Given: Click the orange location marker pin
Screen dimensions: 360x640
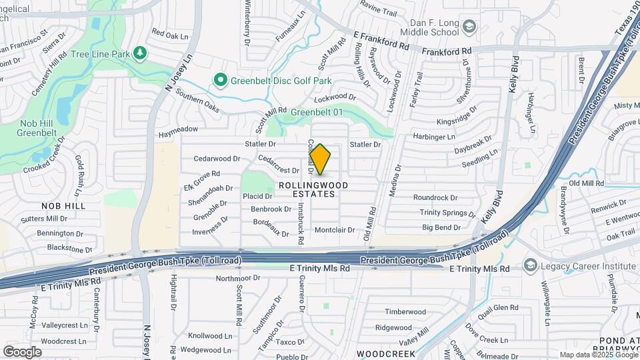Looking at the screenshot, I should tap(321, 159).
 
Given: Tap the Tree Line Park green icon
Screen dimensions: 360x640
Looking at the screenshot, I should tap(139, 53).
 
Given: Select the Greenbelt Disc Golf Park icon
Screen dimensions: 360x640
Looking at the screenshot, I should tap(221, 81).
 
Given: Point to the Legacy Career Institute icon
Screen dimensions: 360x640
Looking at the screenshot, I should tap(530, 265).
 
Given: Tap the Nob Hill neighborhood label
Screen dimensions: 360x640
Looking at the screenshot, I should tap(63, 206).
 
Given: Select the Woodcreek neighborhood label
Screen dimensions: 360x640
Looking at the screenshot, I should tap(381, 353).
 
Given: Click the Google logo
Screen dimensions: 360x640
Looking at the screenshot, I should tap(22, 351).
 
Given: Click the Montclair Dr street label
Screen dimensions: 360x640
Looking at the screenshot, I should tap(337, 229).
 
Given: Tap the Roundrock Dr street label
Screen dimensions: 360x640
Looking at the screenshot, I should tap(435, 197).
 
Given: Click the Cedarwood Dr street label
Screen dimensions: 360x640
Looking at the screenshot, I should tap(217, 159).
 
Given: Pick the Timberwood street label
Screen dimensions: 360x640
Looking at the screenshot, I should tap(405, 311).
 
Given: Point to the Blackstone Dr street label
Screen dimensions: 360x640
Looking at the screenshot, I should tap(70, 248).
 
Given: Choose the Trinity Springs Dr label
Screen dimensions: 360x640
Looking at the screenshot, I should tap(447, 213).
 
